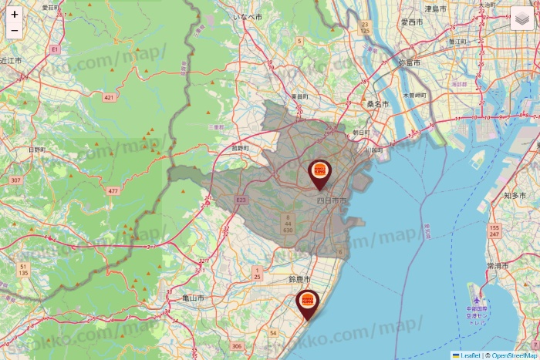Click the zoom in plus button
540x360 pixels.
click(15, 15)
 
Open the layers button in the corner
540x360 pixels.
click(524, 19)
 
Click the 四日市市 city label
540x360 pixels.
click(332, 200)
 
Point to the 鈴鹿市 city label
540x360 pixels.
click(299, 278)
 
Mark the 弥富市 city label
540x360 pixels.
click(411, 62)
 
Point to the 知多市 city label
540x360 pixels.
click(515, 196)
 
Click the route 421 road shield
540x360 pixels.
click(109, 97)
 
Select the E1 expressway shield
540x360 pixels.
click(54, 49)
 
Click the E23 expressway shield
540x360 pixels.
click(241, 200)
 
